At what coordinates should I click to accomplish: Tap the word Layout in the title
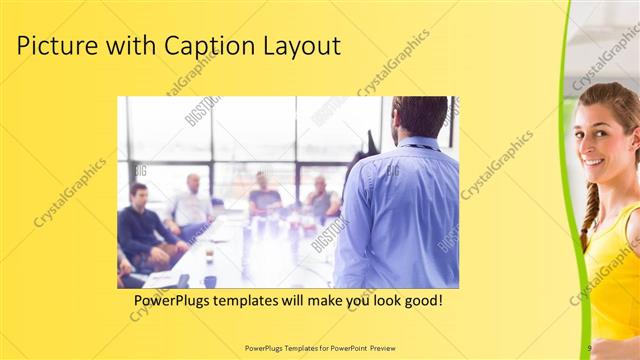[302, 46]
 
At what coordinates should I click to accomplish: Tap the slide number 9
[590, 348]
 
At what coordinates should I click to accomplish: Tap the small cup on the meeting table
[209, 256]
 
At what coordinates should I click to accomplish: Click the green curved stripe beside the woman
[568, 180]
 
